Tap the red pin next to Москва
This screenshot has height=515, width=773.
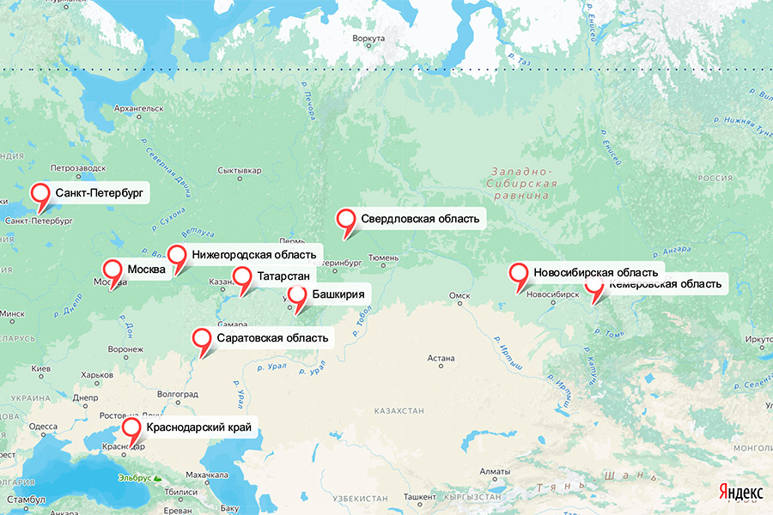click(x=113, y=270)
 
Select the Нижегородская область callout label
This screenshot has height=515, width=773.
click(x=255, y=254)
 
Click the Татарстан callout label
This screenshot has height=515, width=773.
click(x=283, y=276)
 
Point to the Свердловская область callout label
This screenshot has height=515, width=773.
click(x=420, y=219)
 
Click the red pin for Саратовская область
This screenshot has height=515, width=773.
click(x=203, y=339)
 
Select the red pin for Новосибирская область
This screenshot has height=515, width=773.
click(x=519, y=275)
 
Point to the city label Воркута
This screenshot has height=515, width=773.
click(x=368, y=39)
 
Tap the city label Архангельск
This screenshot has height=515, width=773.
click(x=138, y=109)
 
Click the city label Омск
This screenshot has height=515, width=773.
click(x=460, y=296)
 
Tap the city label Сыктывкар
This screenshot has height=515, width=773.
click(x=239, y=170)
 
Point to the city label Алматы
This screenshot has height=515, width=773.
click(x=496, y=471)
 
